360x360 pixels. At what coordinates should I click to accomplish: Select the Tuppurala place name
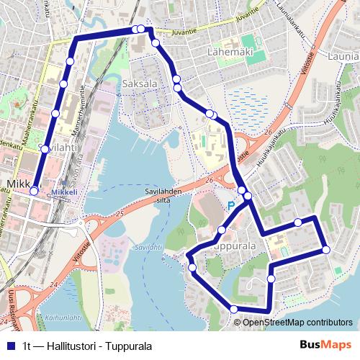tap(236, 246)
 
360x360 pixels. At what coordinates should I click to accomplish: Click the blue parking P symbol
tap(231, 206)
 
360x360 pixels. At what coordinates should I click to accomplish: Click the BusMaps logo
tap(328, 346)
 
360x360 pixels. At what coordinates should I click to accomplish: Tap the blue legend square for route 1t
tap(9, 346)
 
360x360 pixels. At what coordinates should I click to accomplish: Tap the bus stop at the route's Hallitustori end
tap(34, 191)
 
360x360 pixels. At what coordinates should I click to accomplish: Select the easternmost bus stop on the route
tap(326, 250)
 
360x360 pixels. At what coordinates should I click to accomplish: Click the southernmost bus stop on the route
tap(233, 310)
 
